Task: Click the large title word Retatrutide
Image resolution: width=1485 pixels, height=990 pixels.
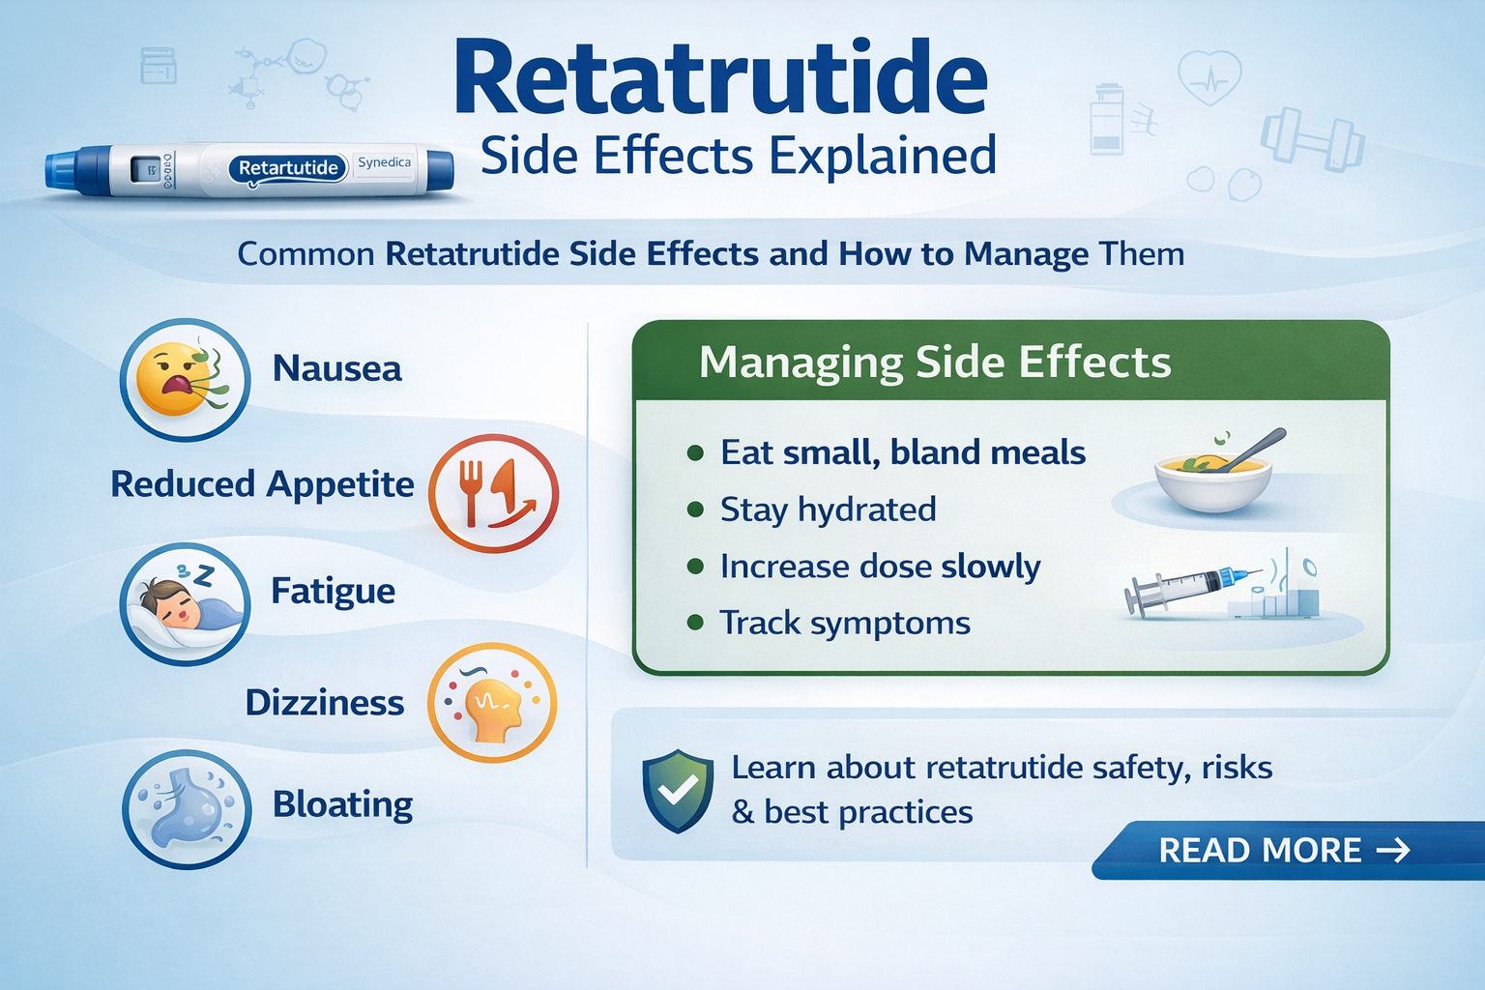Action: pos(720,79)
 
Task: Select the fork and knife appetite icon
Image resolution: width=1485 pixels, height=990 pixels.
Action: pos(493,493)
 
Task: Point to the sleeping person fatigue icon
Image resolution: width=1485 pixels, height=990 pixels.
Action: pos(185,604)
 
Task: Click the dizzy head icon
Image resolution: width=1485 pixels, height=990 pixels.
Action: pos(492,703)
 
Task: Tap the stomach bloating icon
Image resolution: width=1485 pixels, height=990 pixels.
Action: pos(185,809)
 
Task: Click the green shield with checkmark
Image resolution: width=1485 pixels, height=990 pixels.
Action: pos(678,790)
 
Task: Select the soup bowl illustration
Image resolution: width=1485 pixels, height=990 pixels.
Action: pos(1212,474)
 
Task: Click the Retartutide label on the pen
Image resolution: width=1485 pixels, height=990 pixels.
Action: pos(288,168)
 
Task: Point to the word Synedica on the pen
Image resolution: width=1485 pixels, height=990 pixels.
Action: pos(384,162)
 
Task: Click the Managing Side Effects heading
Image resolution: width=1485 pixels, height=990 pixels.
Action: pos(934,363)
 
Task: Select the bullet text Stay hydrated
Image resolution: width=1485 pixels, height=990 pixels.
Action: pos(828,510)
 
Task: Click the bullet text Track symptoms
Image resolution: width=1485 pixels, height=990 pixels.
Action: pos(844,624)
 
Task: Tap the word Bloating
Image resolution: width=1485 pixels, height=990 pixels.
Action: pos(342,804)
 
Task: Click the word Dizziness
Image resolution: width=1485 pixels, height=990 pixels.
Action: pos(324,703)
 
